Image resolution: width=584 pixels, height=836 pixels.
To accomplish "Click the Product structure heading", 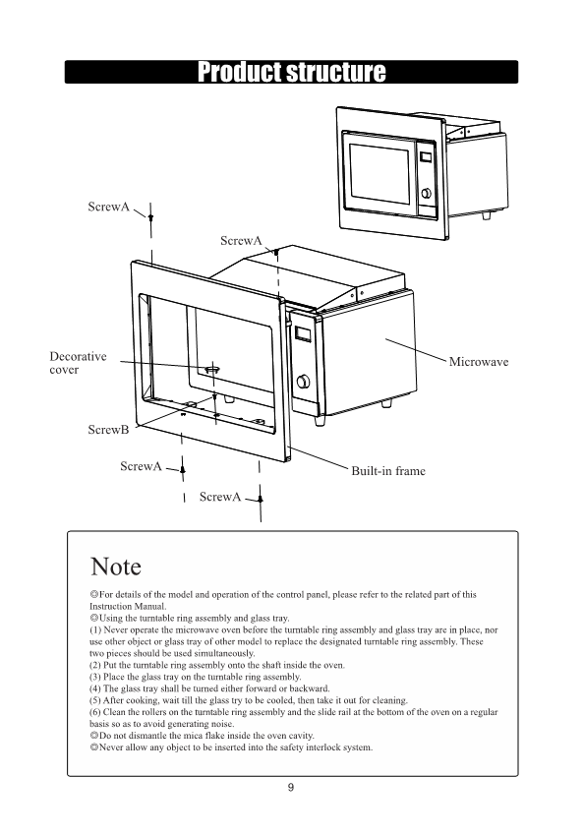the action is coord(291,72).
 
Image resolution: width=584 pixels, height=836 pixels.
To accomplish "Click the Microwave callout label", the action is coord(479,362).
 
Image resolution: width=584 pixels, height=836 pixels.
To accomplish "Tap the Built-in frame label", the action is coord(388,471).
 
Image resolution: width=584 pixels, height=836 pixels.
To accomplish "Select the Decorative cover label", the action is coord(78,363).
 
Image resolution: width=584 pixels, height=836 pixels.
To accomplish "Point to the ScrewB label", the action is coord(108,429).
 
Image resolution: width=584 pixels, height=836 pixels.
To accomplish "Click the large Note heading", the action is coord(116,567).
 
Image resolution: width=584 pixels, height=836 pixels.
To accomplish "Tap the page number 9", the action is coord(291,787).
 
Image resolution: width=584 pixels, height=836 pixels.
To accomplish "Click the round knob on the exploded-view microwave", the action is coord(303,381).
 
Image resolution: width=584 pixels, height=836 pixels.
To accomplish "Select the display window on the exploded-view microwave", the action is coord(303,333).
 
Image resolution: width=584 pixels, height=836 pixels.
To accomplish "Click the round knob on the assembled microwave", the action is coord(427,194).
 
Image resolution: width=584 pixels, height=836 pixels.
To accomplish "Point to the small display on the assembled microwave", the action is coord(425,157).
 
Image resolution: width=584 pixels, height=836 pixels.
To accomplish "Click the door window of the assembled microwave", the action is coord(380,174).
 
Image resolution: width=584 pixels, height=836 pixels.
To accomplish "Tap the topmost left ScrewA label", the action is coord(109,207).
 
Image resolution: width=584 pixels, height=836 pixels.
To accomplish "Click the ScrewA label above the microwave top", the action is coord(242,241).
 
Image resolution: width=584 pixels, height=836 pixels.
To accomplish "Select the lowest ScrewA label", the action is coord(220,497).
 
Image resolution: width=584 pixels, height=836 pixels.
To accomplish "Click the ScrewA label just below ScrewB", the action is coord(141,466).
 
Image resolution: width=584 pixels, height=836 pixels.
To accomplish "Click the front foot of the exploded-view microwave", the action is coord(320,420).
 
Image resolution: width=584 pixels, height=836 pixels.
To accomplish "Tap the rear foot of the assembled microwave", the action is coord(486,215).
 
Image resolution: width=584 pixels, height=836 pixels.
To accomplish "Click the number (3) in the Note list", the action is coord(94,677).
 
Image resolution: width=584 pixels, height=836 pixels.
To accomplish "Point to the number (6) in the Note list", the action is coord(94,712).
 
